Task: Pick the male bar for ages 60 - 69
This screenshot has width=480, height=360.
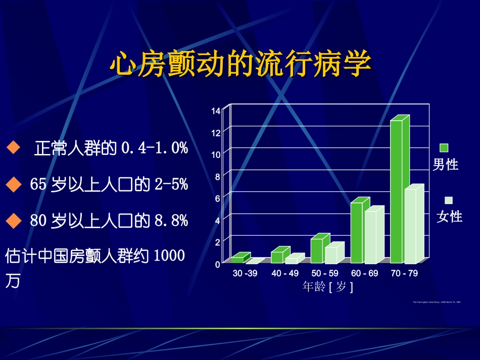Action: [x=357, y=233]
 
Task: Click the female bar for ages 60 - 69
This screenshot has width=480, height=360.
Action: [x=371, y=237]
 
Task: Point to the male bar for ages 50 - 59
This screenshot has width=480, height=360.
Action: [x=317, y=251]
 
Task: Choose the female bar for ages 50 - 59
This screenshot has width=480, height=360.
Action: [x=331, y=255]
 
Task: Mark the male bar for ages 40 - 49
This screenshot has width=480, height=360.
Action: [x=277, y=257]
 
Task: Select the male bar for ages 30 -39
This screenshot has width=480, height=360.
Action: [x=237, y=260]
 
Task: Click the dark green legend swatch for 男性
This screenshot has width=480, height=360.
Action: [x=444, y=147]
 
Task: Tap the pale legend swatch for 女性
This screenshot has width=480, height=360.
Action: [x=449, y=200]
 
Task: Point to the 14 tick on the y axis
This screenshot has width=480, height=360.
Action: [x=216, y=111]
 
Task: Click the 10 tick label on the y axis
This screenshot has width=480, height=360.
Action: [x=216, y=155]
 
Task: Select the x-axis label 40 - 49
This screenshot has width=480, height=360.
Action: [x=285, y=273]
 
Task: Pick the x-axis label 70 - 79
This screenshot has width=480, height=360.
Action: [x=404, y=273]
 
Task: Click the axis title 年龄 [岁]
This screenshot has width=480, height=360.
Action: [x=327, y=287]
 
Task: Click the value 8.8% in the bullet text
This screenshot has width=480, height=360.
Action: [x=171, y=221]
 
